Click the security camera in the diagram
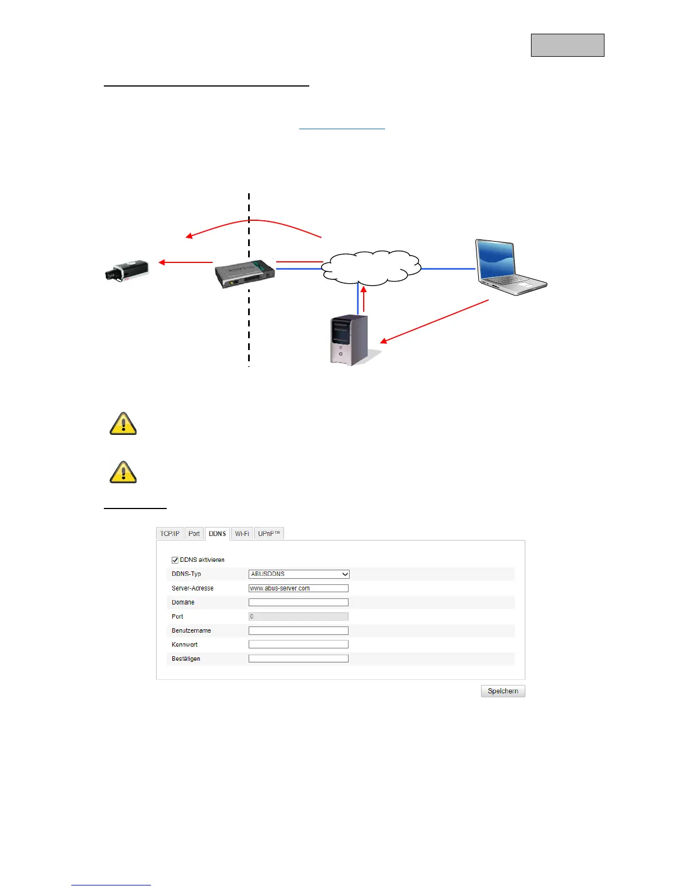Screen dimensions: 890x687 (127, 270)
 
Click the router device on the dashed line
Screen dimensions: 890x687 (245, 274)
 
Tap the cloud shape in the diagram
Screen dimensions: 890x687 (371, 268)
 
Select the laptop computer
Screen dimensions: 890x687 (509, 267)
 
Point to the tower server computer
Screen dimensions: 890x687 (349, 340)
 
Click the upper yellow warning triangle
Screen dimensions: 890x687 (123, 424)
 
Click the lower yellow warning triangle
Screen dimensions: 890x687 (123, 473)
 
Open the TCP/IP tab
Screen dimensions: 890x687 (170, 534)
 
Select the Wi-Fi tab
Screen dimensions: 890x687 (242, 534)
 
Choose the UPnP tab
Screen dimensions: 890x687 (269, 534)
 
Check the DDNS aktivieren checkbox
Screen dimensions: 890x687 (175, 560)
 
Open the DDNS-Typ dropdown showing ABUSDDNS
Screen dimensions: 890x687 (299, 574)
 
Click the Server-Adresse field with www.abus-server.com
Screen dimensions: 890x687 (299, 588)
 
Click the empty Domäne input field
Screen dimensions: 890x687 (299, 602)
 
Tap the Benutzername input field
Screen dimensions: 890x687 (299, 630)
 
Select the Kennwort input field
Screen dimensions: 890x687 (299, 644)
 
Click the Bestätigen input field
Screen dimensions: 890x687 (299, 659)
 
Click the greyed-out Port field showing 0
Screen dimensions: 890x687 (299, 616)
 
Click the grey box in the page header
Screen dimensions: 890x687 (567, 45)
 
